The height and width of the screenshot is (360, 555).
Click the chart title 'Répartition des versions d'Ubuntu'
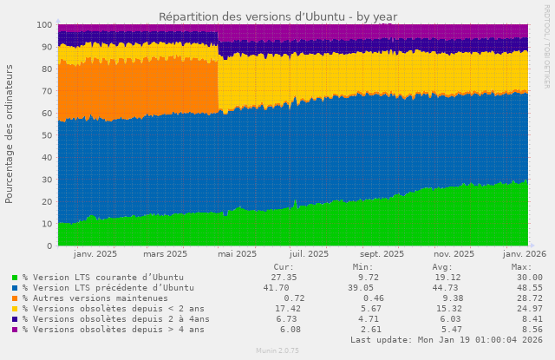pos(277,16)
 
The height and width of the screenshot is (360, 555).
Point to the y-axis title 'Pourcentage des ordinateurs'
pos(10,134)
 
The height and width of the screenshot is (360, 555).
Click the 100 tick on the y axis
pos(43,25)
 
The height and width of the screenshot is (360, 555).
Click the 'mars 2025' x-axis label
pos(165,254)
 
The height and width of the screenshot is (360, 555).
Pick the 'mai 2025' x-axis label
pos(237,254)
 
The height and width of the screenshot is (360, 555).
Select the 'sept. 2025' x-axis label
pos(381,254)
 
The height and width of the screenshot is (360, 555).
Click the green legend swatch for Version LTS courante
pos(15,278)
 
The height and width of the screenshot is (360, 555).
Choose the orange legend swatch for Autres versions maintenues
pos(15,298)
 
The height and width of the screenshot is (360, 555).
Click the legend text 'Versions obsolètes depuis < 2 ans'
pos(113,309)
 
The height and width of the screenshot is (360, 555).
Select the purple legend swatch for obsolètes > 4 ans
pos(15,330)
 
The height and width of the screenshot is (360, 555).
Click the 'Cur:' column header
pos(283,267)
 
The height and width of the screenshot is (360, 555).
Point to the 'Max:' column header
pos(521,267)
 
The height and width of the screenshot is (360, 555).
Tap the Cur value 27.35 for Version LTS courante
pos(284,278)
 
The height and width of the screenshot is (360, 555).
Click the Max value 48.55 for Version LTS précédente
pos(521,288)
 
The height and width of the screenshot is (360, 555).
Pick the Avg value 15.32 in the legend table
pos(447,309)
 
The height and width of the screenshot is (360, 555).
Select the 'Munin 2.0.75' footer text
pos(277,351)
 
